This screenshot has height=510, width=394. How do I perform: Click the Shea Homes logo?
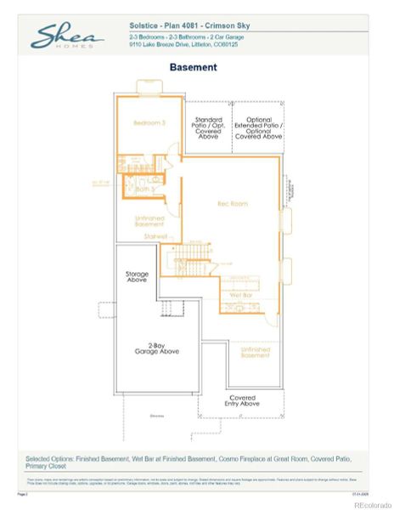point(67,36)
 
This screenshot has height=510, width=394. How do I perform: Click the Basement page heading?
point(193,67)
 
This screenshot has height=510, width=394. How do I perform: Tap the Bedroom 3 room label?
point(149,123)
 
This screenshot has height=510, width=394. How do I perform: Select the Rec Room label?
point(232,204)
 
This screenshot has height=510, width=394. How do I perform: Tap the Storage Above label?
point(137,277)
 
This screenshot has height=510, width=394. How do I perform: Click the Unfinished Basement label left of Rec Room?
point(149,221)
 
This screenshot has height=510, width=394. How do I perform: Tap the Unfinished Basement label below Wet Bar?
point(255,353)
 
